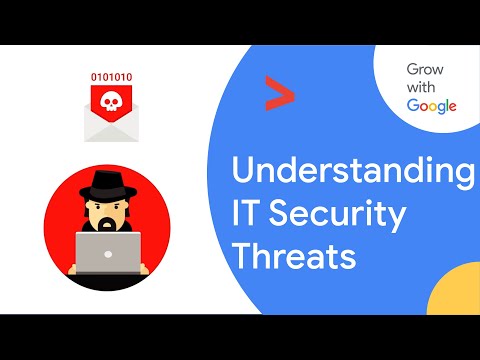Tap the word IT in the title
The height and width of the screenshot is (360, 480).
pyautogui.click(x=248, y=215)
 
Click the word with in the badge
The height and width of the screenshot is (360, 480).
pyautogui.click(x=422, y=88)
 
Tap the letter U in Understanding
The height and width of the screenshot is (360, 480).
pyautogui.click(x=241, y=170)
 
